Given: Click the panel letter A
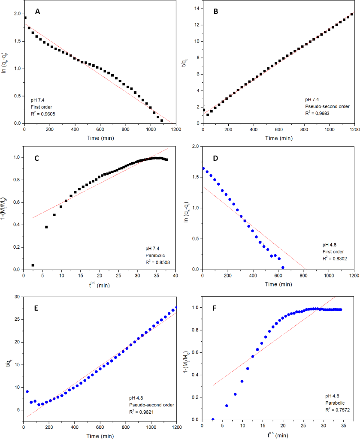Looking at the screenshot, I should (38, 12).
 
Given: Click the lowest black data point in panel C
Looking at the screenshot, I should (33, 265).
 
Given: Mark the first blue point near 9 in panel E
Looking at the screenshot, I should (27, 391).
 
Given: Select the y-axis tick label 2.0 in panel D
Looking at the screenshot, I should (194, 146).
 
